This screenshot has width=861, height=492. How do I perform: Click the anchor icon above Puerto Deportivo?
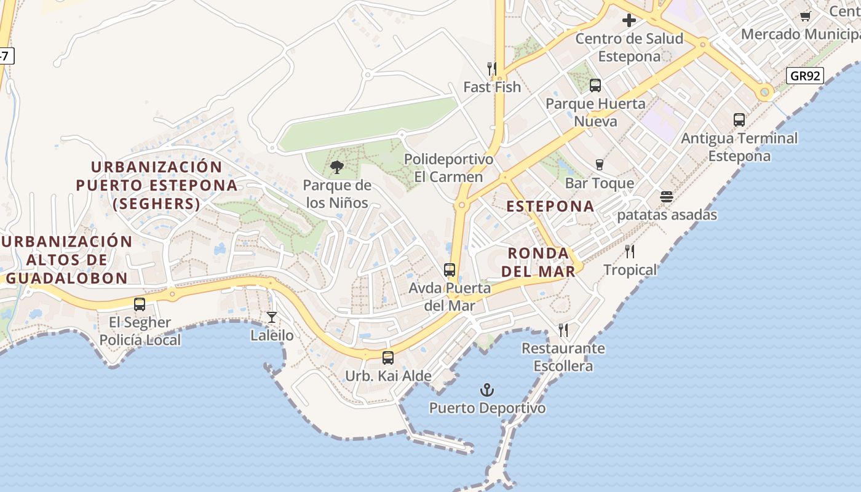tap(486, 390)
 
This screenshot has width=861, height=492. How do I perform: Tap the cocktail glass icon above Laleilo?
tap(272, 317)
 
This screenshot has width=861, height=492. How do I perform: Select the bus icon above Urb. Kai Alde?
tap(388, 357)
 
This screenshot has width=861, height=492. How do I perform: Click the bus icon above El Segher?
tap(140, 304)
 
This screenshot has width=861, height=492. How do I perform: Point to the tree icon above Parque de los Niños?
tap(336, 167)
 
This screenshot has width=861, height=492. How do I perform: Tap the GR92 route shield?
tap(805, 76)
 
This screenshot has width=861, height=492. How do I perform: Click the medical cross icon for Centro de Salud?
tap(629, 21)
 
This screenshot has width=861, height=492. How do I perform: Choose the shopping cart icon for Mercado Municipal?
tap(805, 16)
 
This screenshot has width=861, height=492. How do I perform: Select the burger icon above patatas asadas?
tap(667, 197)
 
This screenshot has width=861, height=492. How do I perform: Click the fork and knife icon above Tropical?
tap(630, 252)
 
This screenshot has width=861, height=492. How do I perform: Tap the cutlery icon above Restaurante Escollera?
tap(563, 330)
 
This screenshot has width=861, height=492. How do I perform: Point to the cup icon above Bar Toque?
tap(599, 165)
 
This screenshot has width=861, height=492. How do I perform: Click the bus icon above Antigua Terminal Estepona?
tap(739, 120)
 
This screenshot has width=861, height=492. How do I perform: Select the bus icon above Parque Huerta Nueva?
tap(595, 85)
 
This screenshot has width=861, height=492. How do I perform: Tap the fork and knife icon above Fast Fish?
tap(491, 68)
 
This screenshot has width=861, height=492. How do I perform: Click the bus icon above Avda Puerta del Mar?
tap(450, 270)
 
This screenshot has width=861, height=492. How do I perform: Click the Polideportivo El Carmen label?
tap(448, 168)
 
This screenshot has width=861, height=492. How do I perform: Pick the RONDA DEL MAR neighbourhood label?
tap(538, 262)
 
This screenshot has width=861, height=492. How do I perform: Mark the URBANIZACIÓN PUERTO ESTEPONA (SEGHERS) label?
tap(157, 185)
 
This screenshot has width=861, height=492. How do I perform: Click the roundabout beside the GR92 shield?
tap(764, 93)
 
